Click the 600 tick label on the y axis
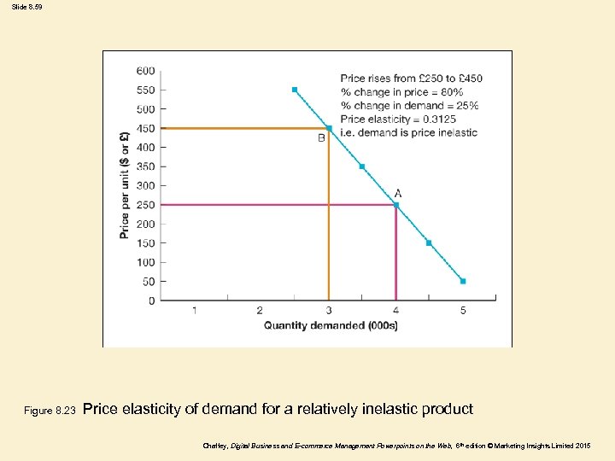(145, 70)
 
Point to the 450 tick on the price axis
(145, 128)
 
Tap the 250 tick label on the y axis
(145, 205)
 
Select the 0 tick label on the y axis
(151, 301)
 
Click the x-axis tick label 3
(329, 311)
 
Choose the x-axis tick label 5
(463, 311)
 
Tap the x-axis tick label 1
(194, 311)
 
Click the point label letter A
(398, 193)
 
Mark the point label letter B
(322, 138)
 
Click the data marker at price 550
(295, 90)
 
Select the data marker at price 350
(362, 166)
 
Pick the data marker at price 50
(463, 281)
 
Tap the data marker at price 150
(429, 242)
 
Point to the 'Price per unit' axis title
(125, 184)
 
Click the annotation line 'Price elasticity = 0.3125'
(398, 120)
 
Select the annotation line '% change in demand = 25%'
(409, 106)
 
